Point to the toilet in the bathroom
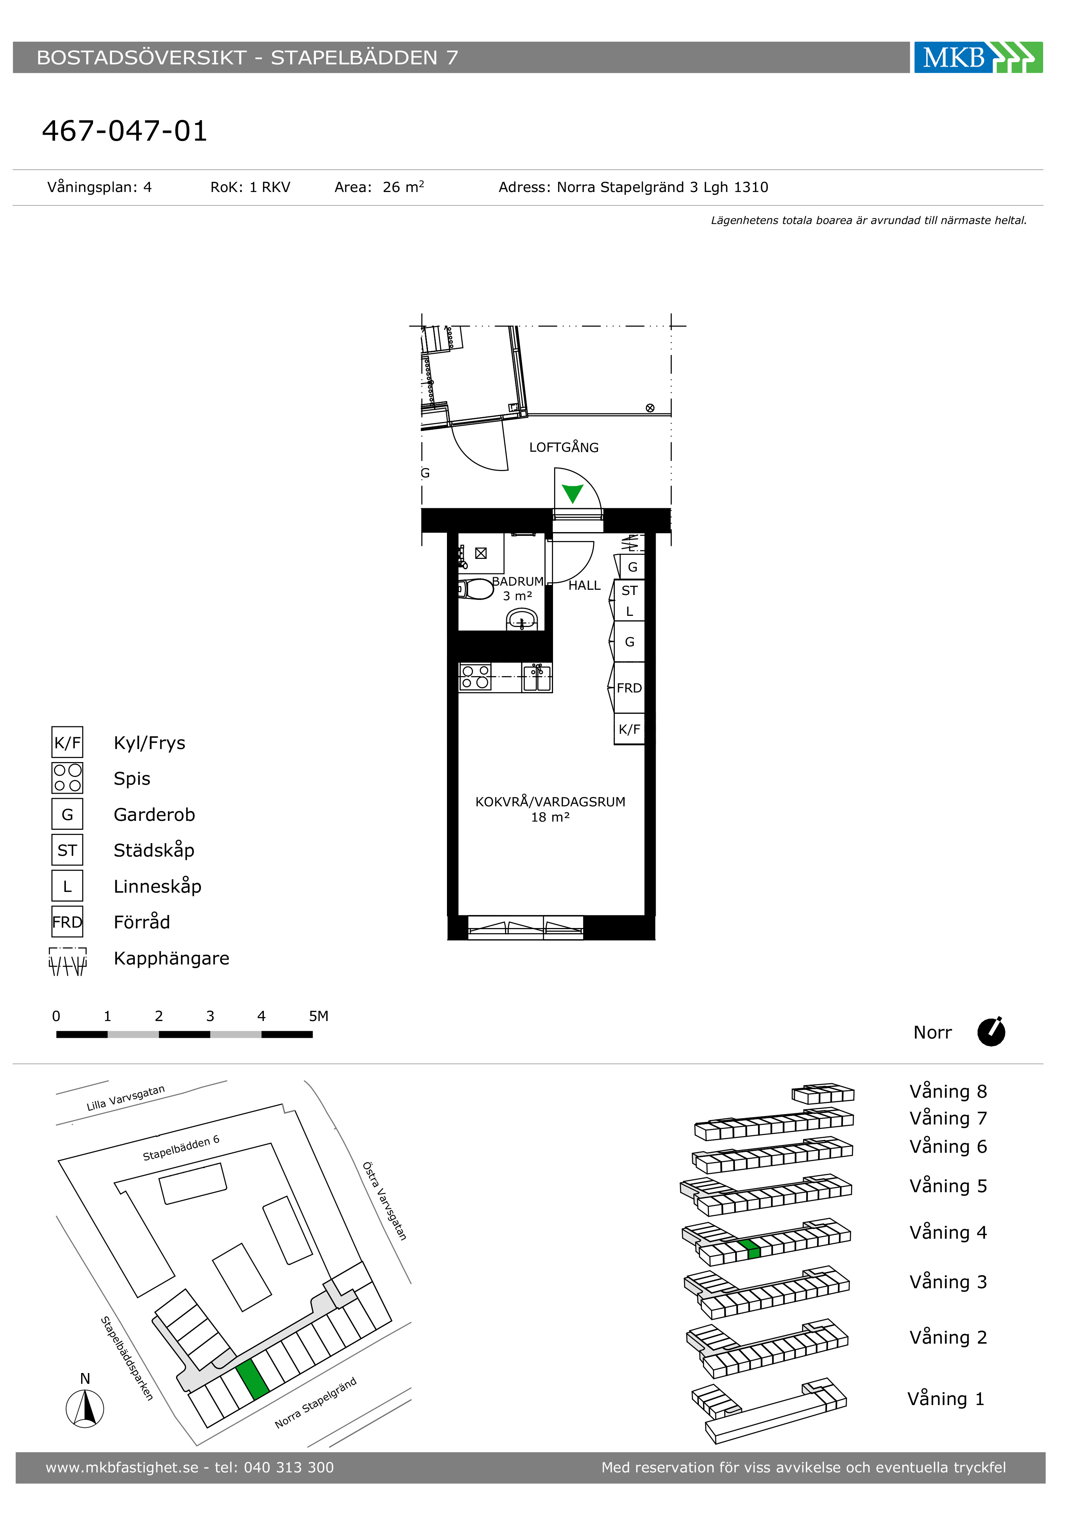click(x=476, y=589)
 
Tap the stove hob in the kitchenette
click(x=475, y=676)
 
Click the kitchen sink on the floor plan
click(x=537, y=677)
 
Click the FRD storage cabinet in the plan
click(x=629, y=688)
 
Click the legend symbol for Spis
click(x=67, y=778)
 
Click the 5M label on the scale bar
click(x=319, y=1016)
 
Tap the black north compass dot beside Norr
click(x=991, y=1032)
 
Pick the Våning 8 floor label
click(x=948, y=1091)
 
